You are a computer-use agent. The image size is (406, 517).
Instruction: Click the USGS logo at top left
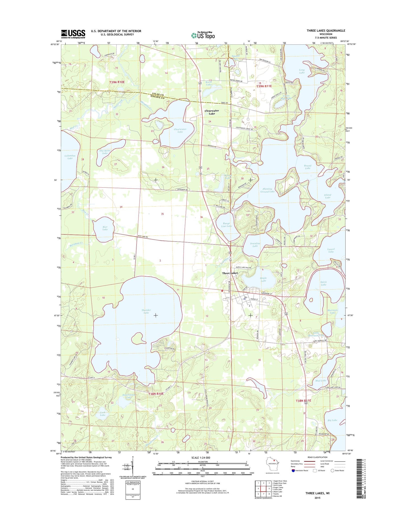(x=73, y=34)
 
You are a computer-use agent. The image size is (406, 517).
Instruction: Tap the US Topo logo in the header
(x=203, y=35)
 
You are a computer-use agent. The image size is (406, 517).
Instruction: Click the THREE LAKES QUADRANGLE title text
(x=326, y=31)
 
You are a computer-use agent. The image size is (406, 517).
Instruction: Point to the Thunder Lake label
(x=146, y=311)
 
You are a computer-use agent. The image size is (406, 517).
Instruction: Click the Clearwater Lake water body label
(x=180, y=130)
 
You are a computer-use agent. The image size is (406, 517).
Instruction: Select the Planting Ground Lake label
(x=267, y=190)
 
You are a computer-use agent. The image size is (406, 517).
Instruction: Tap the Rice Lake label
(x=105, y=228)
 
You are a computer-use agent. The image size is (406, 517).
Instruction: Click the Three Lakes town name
(x=230, y=273)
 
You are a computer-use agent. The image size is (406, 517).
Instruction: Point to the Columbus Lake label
(x=70, y=157)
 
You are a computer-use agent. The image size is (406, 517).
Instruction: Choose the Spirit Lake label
(x=323, y=283)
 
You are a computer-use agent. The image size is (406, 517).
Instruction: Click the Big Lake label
(x=332, y=420)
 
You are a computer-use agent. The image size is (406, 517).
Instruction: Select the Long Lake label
(x=302, y=71)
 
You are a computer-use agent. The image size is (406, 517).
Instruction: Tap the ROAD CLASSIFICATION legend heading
(x=317, y=457)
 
